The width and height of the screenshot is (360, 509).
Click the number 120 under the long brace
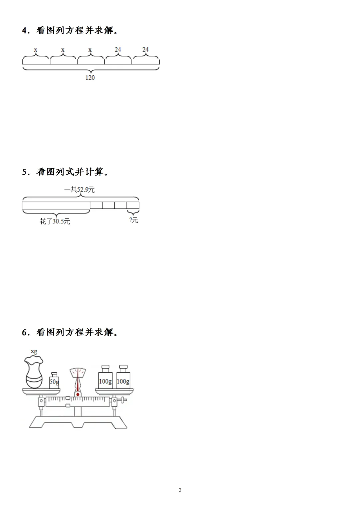[90, 78]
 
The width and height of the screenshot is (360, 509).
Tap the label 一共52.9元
[79, 190]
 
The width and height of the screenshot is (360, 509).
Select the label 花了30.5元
[55, 221]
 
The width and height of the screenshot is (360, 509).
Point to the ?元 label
[134, 220]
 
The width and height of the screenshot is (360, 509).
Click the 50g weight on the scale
[54, 380]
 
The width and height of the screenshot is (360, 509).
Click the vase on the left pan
[34, 372]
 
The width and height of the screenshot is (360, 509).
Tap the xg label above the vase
[34, 351]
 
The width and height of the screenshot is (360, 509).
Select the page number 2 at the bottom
[180, 490]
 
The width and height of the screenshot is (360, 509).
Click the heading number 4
[25, 31]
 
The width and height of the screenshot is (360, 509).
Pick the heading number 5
[25, 172]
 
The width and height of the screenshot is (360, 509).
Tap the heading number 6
[25, 332]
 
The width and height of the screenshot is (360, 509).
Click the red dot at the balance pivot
[78, 394]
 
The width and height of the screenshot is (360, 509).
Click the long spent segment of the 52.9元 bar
[56, 205]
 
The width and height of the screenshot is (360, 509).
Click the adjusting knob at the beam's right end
[124, 399]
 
